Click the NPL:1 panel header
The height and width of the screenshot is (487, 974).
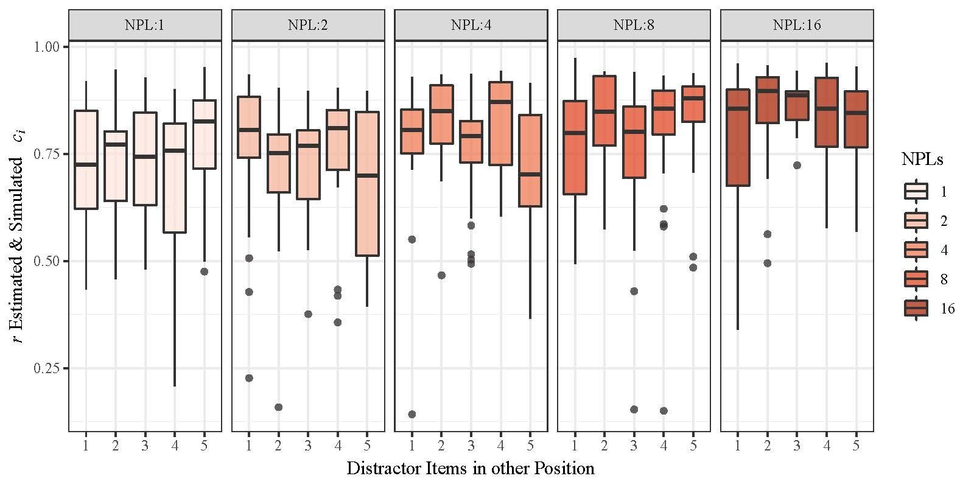145,25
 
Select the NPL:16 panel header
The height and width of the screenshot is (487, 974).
797,25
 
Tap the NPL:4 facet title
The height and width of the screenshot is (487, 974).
471,25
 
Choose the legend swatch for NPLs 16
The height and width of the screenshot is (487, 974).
916,309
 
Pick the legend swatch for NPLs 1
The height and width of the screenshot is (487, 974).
916,192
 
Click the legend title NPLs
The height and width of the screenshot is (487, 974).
922,160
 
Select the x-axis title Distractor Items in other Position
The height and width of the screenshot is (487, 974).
471,468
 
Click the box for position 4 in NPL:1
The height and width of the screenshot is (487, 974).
175,178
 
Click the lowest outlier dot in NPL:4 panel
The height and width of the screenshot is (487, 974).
412,414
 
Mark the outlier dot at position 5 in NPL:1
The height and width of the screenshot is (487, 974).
204,272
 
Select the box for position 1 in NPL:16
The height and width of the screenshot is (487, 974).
738,138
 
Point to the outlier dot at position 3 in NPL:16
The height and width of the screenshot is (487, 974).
797,165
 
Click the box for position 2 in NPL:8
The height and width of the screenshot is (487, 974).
604,111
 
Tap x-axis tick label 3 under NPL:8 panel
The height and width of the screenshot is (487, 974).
634,445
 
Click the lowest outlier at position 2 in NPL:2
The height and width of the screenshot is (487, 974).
278,407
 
